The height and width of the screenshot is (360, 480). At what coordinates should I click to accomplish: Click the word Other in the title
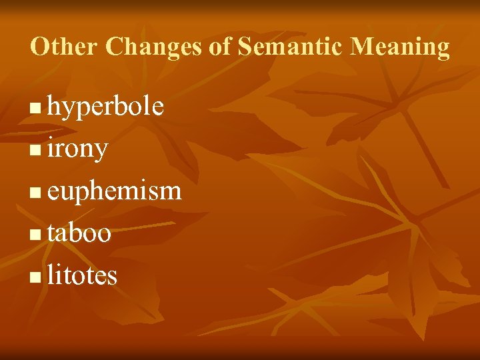click(x=64, y=47)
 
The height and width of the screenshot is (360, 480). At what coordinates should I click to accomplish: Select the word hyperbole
click(x=105, y=107)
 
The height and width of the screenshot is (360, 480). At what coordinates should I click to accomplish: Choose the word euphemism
click(x=114, y=191)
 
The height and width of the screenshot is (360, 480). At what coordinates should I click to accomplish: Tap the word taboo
click(x=79, y=233)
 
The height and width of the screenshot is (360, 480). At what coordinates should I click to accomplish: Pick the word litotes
click(x=82, y=275)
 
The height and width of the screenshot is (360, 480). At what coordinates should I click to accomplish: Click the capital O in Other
click(x=39, y=47)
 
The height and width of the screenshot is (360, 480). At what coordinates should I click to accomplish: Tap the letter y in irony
click(x=101, y=152)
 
